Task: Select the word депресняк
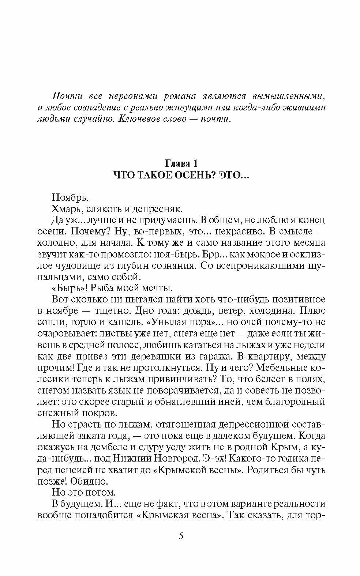point(160,209)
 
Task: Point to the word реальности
point(301,503)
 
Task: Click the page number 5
point(181,537)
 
